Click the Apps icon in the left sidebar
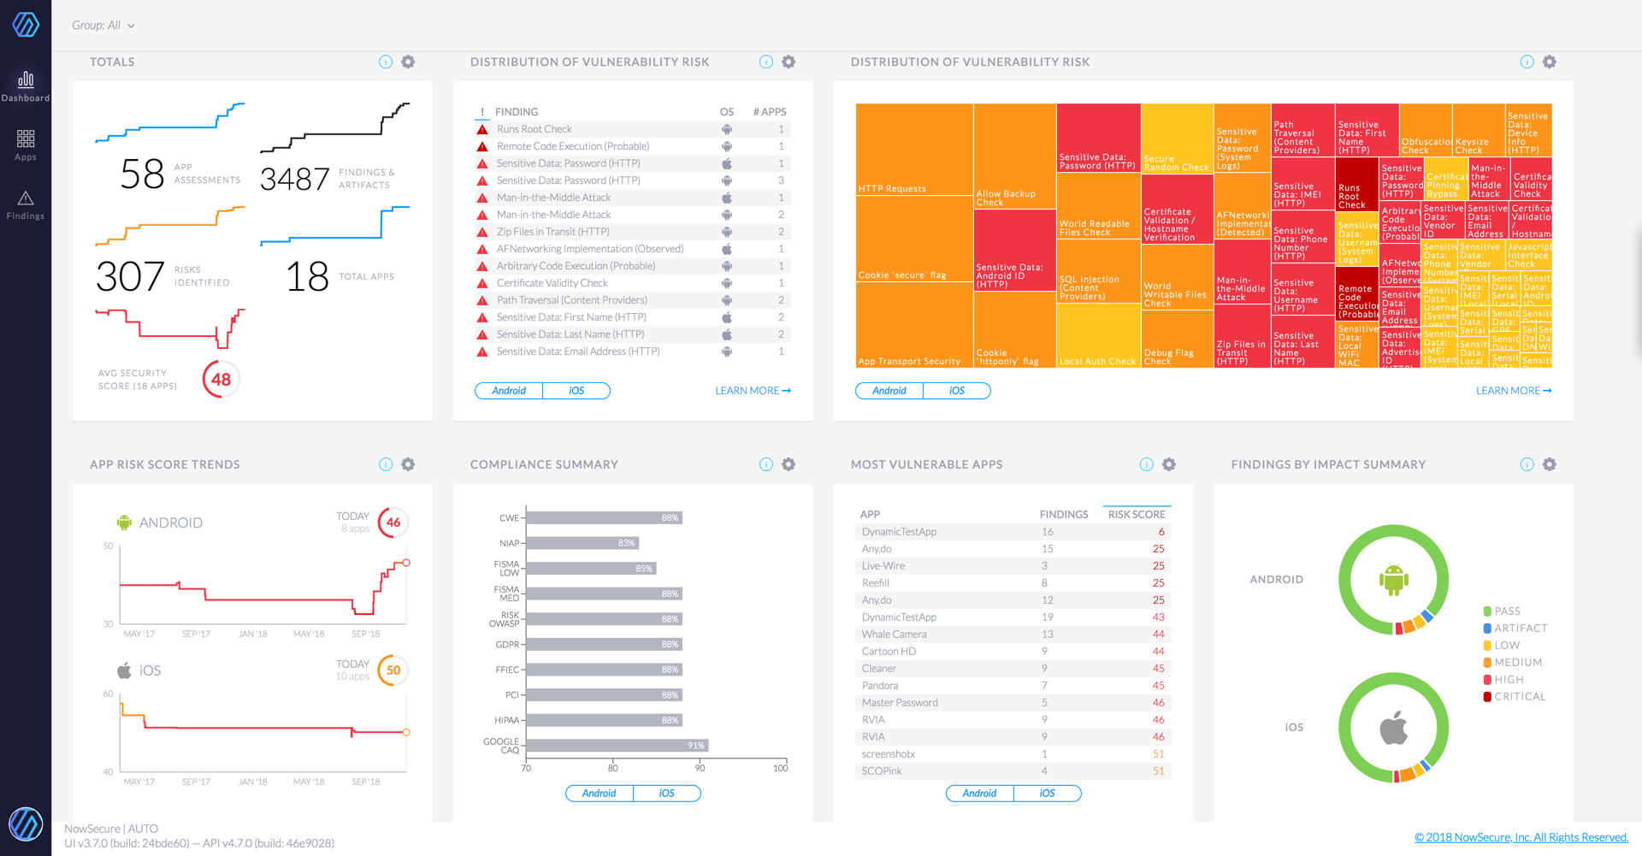pos(26,144)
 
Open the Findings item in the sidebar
pos(26,205)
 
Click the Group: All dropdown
pos(103,26)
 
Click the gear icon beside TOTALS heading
pos(408,62)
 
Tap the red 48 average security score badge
pos(221,379)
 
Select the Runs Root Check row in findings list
pos(535,129)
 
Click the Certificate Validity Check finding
pos(552,283)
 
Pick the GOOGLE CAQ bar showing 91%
pos(617,746)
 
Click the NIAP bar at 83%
pos(582,543)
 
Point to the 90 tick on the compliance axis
pos(700,767)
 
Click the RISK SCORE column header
pos(1136,514)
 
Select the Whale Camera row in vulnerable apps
pos(894,635)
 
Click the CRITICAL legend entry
pos(1519,696)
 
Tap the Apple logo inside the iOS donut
pos(1393,728)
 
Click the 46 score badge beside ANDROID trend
pos(393,522)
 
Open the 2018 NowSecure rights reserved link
pos(1521,837)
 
